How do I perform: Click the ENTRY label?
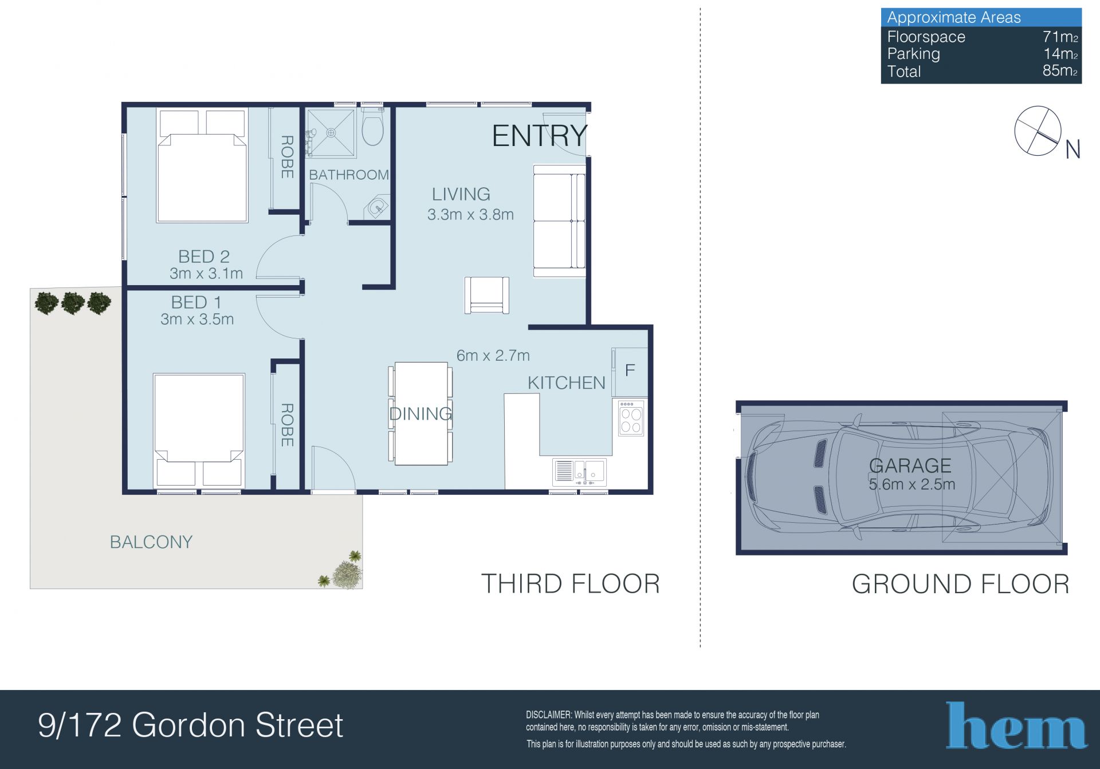point(540,136)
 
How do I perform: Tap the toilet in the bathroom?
point(372,127)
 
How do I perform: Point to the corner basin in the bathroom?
point(378,207)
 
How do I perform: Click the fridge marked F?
point(630,372)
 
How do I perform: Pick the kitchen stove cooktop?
point(631,417)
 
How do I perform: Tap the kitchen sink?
point(579,472)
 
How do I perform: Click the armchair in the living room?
point(486,295)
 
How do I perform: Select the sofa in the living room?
point(560,220)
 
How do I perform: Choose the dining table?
point(421,413)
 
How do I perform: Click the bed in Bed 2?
point(202,165)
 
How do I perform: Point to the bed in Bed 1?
point(199,430)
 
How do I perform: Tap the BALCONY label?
point(151,542)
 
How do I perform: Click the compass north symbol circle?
point(1038,131)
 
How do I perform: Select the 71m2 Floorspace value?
point(1060,37)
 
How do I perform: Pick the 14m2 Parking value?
point(1060,54)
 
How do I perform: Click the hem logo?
point(1016,725)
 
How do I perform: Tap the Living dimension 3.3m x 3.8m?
point(470,215)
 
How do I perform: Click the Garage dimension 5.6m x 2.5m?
point(912,484)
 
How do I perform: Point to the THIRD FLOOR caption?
point(571,584)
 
